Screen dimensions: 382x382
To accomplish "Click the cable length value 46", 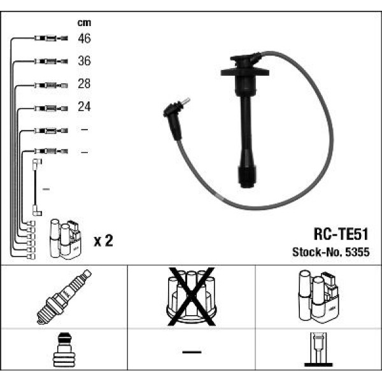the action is (84, 38).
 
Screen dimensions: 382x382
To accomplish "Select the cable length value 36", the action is (84, 60).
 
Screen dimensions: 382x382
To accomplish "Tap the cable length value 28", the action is (84, 83).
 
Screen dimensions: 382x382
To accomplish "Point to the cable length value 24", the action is (84, 106).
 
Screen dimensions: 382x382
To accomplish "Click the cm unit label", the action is (84, 23).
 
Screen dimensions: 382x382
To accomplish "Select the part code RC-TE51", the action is (341, 234).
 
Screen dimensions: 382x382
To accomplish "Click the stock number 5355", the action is (358, 252).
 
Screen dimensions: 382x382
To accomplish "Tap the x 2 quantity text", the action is (103, 241).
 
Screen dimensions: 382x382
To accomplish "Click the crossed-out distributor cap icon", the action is (192, 297).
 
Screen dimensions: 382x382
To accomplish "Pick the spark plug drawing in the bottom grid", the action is (64, 297).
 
